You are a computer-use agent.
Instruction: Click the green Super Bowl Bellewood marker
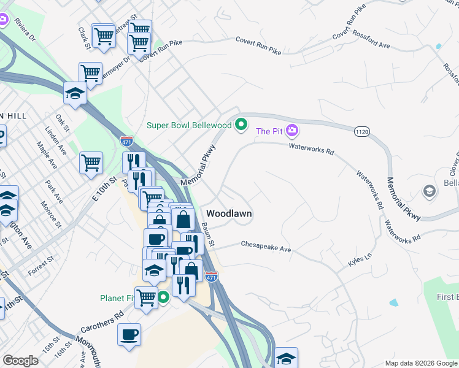tap(241, 125)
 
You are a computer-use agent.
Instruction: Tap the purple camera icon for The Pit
tap(292, 131)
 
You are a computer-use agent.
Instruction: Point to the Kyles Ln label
tap(360, 259)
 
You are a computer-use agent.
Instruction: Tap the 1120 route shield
tap(361, 132)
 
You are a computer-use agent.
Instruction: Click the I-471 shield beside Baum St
tap(211, 277)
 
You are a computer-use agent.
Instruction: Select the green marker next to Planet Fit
tap(163, 299)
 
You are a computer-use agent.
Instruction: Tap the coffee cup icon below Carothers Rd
tap(129, 335)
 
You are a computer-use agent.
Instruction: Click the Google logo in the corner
tap(20, 361)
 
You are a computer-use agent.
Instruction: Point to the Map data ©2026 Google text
tap(420, 363)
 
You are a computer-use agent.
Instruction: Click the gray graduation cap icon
tap(430, 191)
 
